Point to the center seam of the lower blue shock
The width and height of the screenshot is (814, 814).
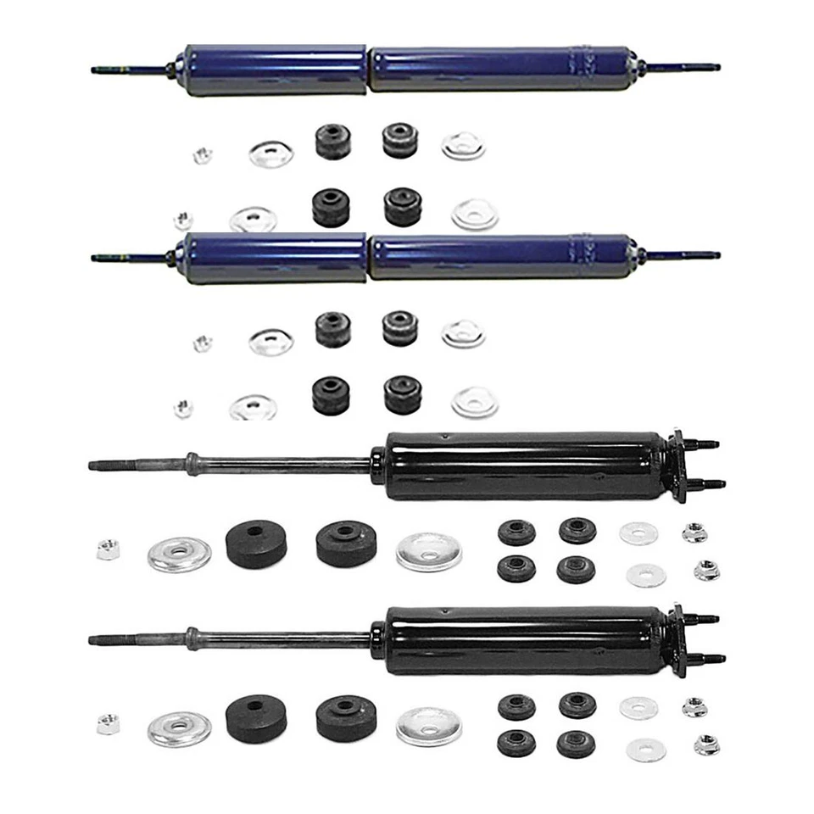368,258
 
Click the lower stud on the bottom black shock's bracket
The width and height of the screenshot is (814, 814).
711,659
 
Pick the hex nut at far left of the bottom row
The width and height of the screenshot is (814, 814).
108,724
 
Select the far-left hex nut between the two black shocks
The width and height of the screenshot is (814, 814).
108,549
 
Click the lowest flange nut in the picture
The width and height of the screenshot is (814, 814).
706,745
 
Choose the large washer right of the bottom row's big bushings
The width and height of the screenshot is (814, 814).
428,727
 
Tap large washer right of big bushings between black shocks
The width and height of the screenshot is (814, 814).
428,552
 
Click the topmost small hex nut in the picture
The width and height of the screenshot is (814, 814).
202,156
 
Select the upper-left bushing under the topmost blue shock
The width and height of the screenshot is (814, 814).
333,142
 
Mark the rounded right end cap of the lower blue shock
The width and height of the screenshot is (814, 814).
631,254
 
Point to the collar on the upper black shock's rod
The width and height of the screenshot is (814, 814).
193,463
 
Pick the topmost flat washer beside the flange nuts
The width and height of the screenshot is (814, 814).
638,533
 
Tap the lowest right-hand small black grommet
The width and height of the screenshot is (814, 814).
576,744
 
